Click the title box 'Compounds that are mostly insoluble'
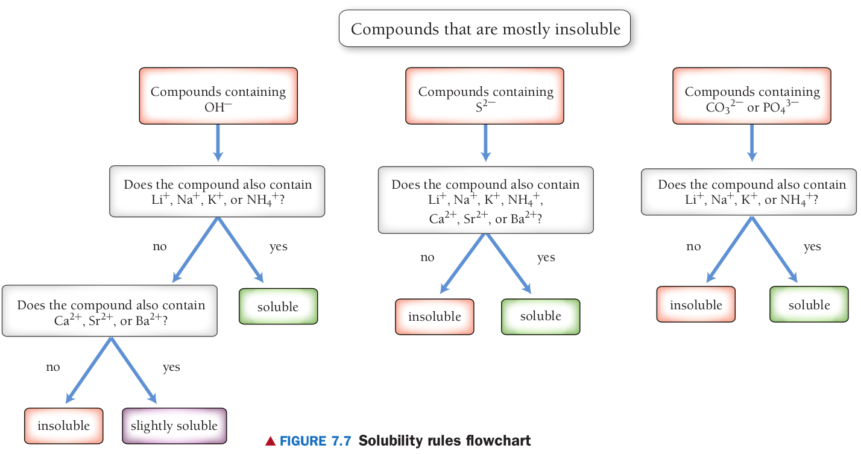485,28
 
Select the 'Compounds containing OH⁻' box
218,96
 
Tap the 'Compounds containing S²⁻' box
485,96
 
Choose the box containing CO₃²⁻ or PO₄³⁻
752,96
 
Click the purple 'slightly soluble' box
174,426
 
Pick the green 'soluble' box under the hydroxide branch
278,306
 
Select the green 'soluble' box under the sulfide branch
540,317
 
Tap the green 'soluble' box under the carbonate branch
809,305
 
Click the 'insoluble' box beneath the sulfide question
435,317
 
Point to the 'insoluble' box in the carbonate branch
696,305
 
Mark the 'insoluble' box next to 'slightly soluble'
64,426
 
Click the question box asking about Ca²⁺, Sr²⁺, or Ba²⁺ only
110,311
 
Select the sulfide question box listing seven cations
485,200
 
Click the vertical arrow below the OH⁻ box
218,142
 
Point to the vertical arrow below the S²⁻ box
485,142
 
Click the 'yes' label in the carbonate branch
812,247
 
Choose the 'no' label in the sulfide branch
427,257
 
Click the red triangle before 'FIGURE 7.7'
270,441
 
